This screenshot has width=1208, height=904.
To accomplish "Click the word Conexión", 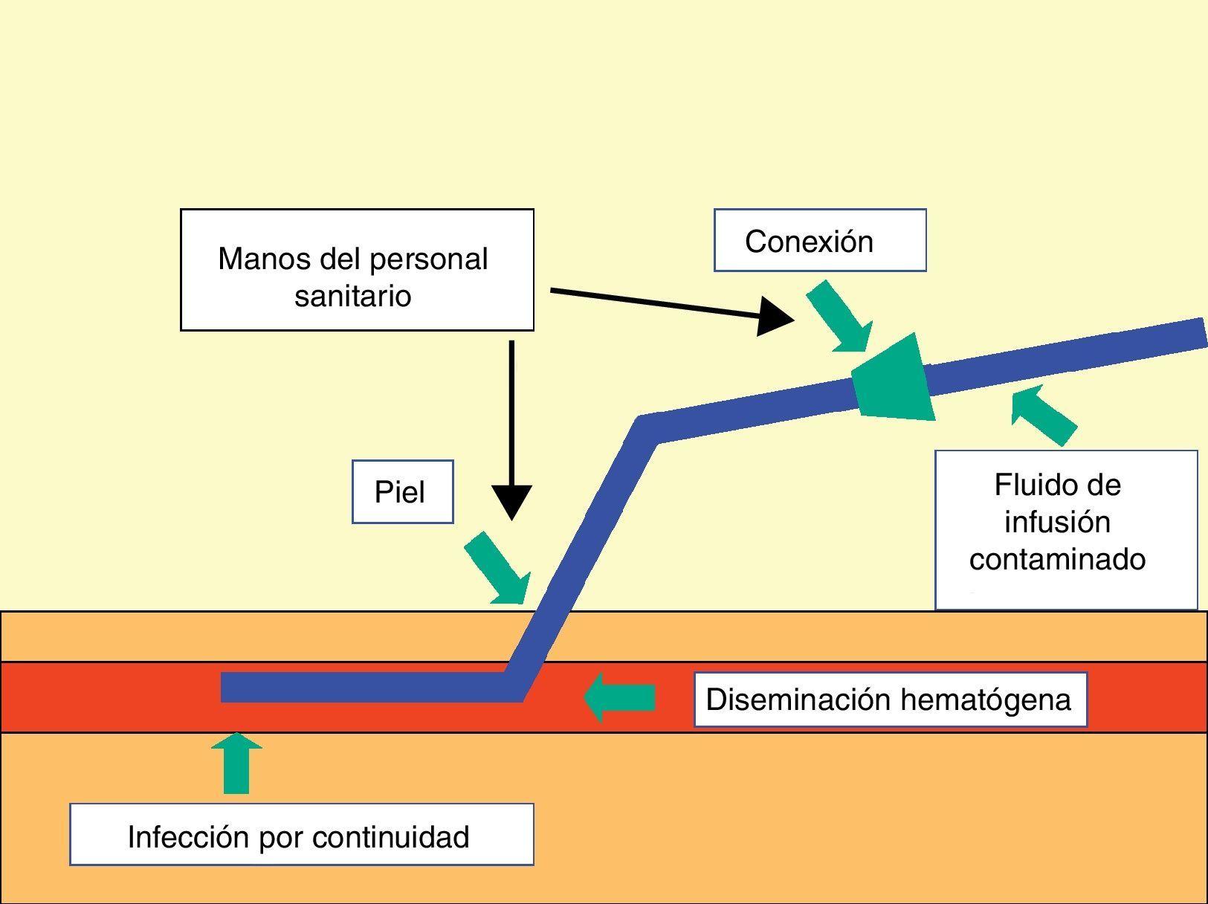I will pyautogui.click(x=809, y=242).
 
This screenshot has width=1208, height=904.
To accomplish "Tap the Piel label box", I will pyautogui.click(x=402, y=492).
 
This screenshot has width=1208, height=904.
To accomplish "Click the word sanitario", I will pyautogui.click(x=352, y=296).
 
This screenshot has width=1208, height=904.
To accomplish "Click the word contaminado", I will pyautogui.click(x=1057, y=559).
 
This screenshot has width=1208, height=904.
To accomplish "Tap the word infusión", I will pyautogui.click(x=1057, y=522).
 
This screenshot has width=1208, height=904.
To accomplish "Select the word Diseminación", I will pyautogui.click(x=798, y=700).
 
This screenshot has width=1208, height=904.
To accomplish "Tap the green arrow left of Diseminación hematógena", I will pyautogui.click(x=619, y=698).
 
